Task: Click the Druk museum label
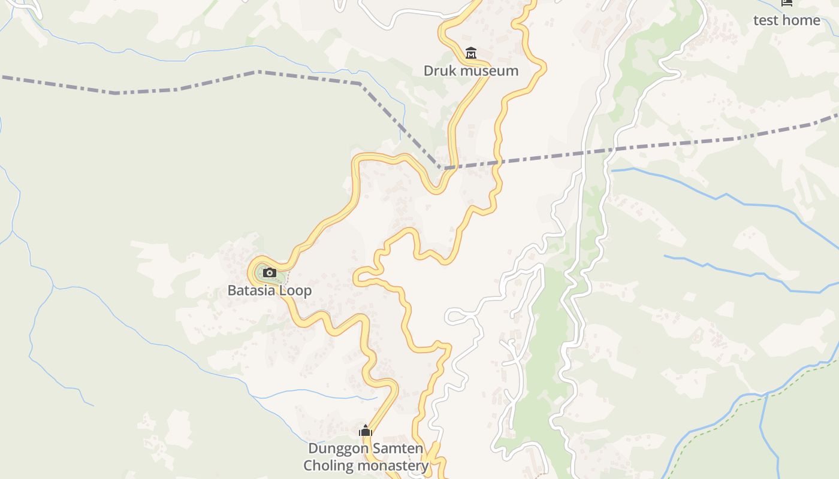tap(470, 71)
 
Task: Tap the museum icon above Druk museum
tap(471, 53)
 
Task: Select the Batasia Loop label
tap(269, 290)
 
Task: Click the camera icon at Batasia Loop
tap(270, 273)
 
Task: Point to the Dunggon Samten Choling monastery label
tap(366, 457)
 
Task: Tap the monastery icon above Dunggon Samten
tap(366, 431)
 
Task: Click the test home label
tap(786, 20)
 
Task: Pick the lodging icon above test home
tap(786, 3)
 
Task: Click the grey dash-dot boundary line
tap(180, 89)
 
